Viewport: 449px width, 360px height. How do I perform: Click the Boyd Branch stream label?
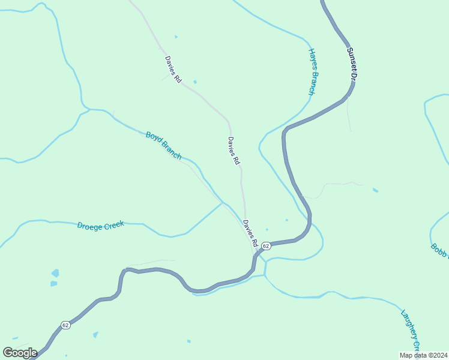(x=163, y=145)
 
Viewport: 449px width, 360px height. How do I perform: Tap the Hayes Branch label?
(x=312, y=71)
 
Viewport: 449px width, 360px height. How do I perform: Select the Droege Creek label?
(x=100, y=225)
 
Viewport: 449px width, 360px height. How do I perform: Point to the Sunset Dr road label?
(x=353, y=65)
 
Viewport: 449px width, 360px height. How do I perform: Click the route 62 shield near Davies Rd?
(x=267, y=246)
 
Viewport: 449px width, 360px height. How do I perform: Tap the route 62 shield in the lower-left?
(x=65, y=325)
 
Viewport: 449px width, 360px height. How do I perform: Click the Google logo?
(x=19, y=352)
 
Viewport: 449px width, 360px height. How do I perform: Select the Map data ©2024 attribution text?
(x=423, y=355)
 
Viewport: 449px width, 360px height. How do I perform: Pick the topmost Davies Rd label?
(x=172, y=70)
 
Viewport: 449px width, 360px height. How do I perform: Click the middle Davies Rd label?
(x=234, y=151)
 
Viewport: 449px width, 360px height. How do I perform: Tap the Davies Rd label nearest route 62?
(x=250, y=234)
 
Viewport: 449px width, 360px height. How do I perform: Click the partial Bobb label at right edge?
(x=439, y=250)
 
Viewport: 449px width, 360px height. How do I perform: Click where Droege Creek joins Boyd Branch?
(x=223, y=203)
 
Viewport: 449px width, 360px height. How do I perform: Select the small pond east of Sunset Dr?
(x=375, y=190)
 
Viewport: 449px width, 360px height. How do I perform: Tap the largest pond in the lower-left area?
(x=55, y=273)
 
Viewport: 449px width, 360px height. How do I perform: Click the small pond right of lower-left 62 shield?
(x=95, y=334)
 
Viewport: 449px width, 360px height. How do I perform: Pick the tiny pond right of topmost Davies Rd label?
(x=195, y=82)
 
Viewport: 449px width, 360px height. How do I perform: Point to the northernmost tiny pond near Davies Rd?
(x=176, y=37)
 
